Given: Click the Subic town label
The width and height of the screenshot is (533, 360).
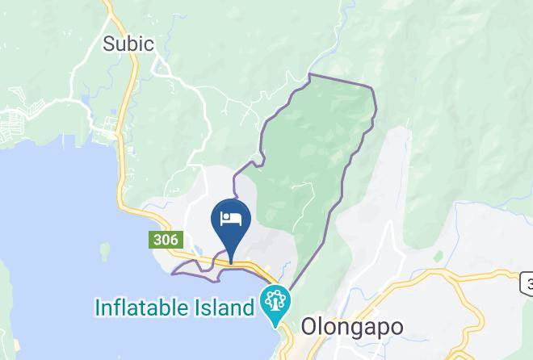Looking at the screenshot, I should coord(128,44).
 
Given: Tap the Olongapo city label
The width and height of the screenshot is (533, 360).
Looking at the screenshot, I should coord(351,326).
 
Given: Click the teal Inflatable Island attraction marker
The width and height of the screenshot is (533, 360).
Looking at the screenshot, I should coord(275,303).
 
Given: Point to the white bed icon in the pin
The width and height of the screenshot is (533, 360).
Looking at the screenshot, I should coord(230,218).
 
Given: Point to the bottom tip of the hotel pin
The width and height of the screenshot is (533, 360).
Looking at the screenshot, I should coord(230,262).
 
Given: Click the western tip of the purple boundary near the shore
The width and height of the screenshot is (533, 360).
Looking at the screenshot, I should coord(173,273).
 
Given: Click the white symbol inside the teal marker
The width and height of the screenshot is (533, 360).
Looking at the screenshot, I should coord(275,302).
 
